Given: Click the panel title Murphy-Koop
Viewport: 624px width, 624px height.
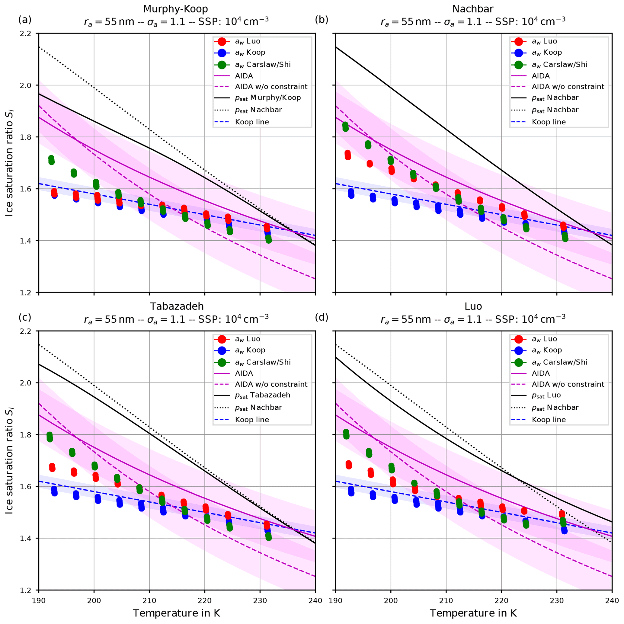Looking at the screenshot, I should click(x=175, y=9).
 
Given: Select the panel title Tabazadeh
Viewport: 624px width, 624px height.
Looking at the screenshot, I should click(x=176, y=306).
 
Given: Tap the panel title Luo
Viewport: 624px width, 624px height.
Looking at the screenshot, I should click(x=473, y=306).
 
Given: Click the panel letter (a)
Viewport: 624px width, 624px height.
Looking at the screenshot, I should click(x=25, y=20).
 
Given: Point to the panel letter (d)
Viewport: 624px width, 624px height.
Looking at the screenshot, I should click(x=322, y=318).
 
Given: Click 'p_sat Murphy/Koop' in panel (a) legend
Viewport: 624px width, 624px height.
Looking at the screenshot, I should click(x=268, y=98).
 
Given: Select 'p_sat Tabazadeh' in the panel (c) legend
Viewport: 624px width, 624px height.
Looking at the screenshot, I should click(x=262, y=395).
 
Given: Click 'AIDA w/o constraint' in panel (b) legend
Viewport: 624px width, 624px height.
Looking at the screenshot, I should click(x=568, y=87).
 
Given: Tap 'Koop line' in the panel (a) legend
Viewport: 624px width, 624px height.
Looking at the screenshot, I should click(x=252, y=122).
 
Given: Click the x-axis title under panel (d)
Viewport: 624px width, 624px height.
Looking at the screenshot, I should click(x=473, y=613).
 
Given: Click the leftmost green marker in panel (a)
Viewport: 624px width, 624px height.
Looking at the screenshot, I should click(x=51, y=160).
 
